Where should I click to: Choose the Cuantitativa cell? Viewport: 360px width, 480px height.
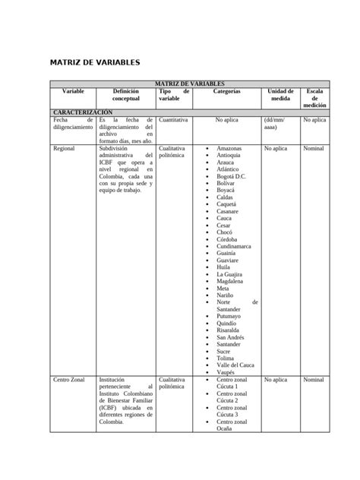pyautogui.click(x=173, y=120)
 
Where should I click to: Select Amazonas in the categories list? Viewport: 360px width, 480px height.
pyautogui.click(x=230, y=148)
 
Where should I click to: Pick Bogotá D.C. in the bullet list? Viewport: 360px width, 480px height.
pyautogui.click(x=231, y=176)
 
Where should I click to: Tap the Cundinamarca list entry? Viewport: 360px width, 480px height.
pyautogui.click(x=236, y=246)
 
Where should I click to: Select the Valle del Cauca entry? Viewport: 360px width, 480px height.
pyautogui.click(x=238, y=365)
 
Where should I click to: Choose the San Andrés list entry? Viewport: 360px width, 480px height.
pyautogui.click(x=232, y=337)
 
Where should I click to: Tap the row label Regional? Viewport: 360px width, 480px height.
pyautogui.click(x=64, y=149)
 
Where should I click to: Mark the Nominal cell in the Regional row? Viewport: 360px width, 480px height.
pyautogui.click(x=314, y=149)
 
